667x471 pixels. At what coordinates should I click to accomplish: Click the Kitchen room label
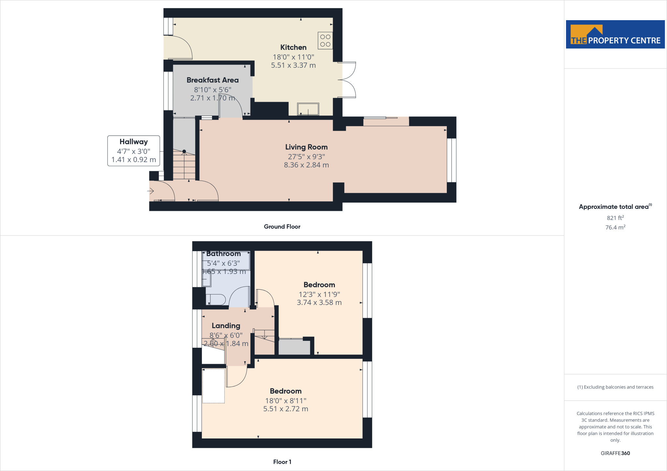click(x=293, y=47)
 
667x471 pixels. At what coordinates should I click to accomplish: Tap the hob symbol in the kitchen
click(x=325, y=40)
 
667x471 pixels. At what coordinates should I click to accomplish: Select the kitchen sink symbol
click(x=308, y=109)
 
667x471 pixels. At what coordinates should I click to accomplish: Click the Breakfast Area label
click(x=212, y=80)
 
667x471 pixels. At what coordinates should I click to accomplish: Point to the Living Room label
click(x=306, y=147)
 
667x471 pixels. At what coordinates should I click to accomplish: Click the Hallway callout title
click(x=134, y=142)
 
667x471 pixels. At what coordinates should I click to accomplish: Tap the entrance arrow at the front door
click(x=150, y=191)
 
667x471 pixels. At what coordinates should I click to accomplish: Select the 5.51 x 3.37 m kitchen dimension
click(x=293, y=65)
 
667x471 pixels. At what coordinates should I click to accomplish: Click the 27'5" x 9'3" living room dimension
click(x=306, y=156)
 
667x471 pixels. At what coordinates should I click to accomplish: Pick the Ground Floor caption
click(x=282, y=227)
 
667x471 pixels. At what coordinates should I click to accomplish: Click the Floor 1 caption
click(x=282, y=462)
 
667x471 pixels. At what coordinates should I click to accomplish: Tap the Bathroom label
click(x=223, y=254)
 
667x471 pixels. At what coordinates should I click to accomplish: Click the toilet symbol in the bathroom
click(x=216, y=300)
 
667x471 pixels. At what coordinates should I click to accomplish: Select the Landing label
click(x=226, y=326)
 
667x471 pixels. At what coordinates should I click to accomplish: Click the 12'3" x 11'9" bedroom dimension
click(x=319, y=294)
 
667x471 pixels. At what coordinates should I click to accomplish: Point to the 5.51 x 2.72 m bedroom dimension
click(x=286, y=409)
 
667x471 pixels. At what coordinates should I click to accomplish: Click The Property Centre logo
click(x=615, y=34)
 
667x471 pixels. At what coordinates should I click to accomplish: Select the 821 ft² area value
click(x=615, y=218)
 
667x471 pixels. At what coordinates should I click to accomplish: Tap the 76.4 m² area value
click(x=615, y=227)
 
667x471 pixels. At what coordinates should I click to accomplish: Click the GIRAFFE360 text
click(x=615, y=453)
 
